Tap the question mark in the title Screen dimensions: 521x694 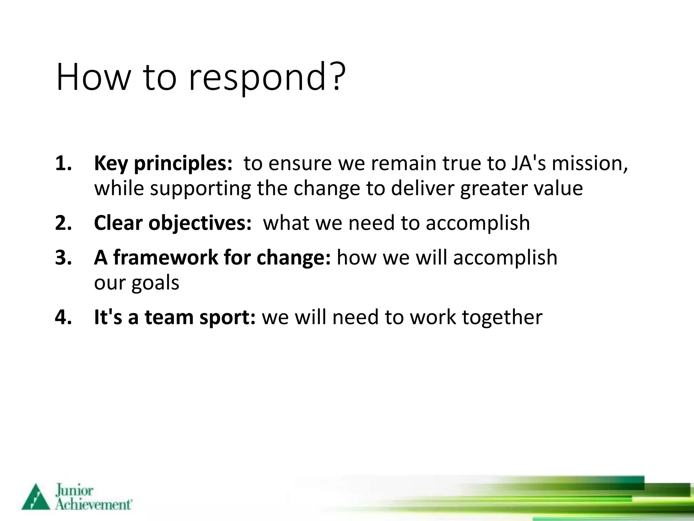tap(337, 76)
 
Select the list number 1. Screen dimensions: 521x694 tap(63, 163)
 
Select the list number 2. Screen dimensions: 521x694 tap(63, 223)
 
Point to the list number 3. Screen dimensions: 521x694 tap(63, 257)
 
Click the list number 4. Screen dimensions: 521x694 tap(63, 317)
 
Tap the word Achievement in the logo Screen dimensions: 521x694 tap(93, 504)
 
